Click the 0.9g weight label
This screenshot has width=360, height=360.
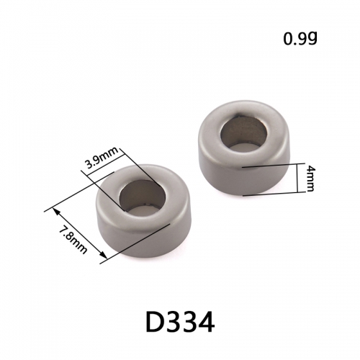coord(300,39)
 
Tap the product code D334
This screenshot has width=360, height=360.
coord(180,322)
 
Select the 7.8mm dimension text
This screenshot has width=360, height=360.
coord(73,240)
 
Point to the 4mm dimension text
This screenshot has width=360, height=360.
coord(310,179)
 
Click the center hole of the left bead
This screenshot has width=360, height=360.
coord(143,197)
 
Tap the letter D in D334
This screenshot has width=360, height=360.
coord(154,322)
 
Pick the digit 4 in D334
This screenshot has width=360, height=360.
coord(205,322)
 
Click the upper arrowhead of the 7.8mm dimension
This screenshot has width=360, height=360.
coord(55,211)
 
